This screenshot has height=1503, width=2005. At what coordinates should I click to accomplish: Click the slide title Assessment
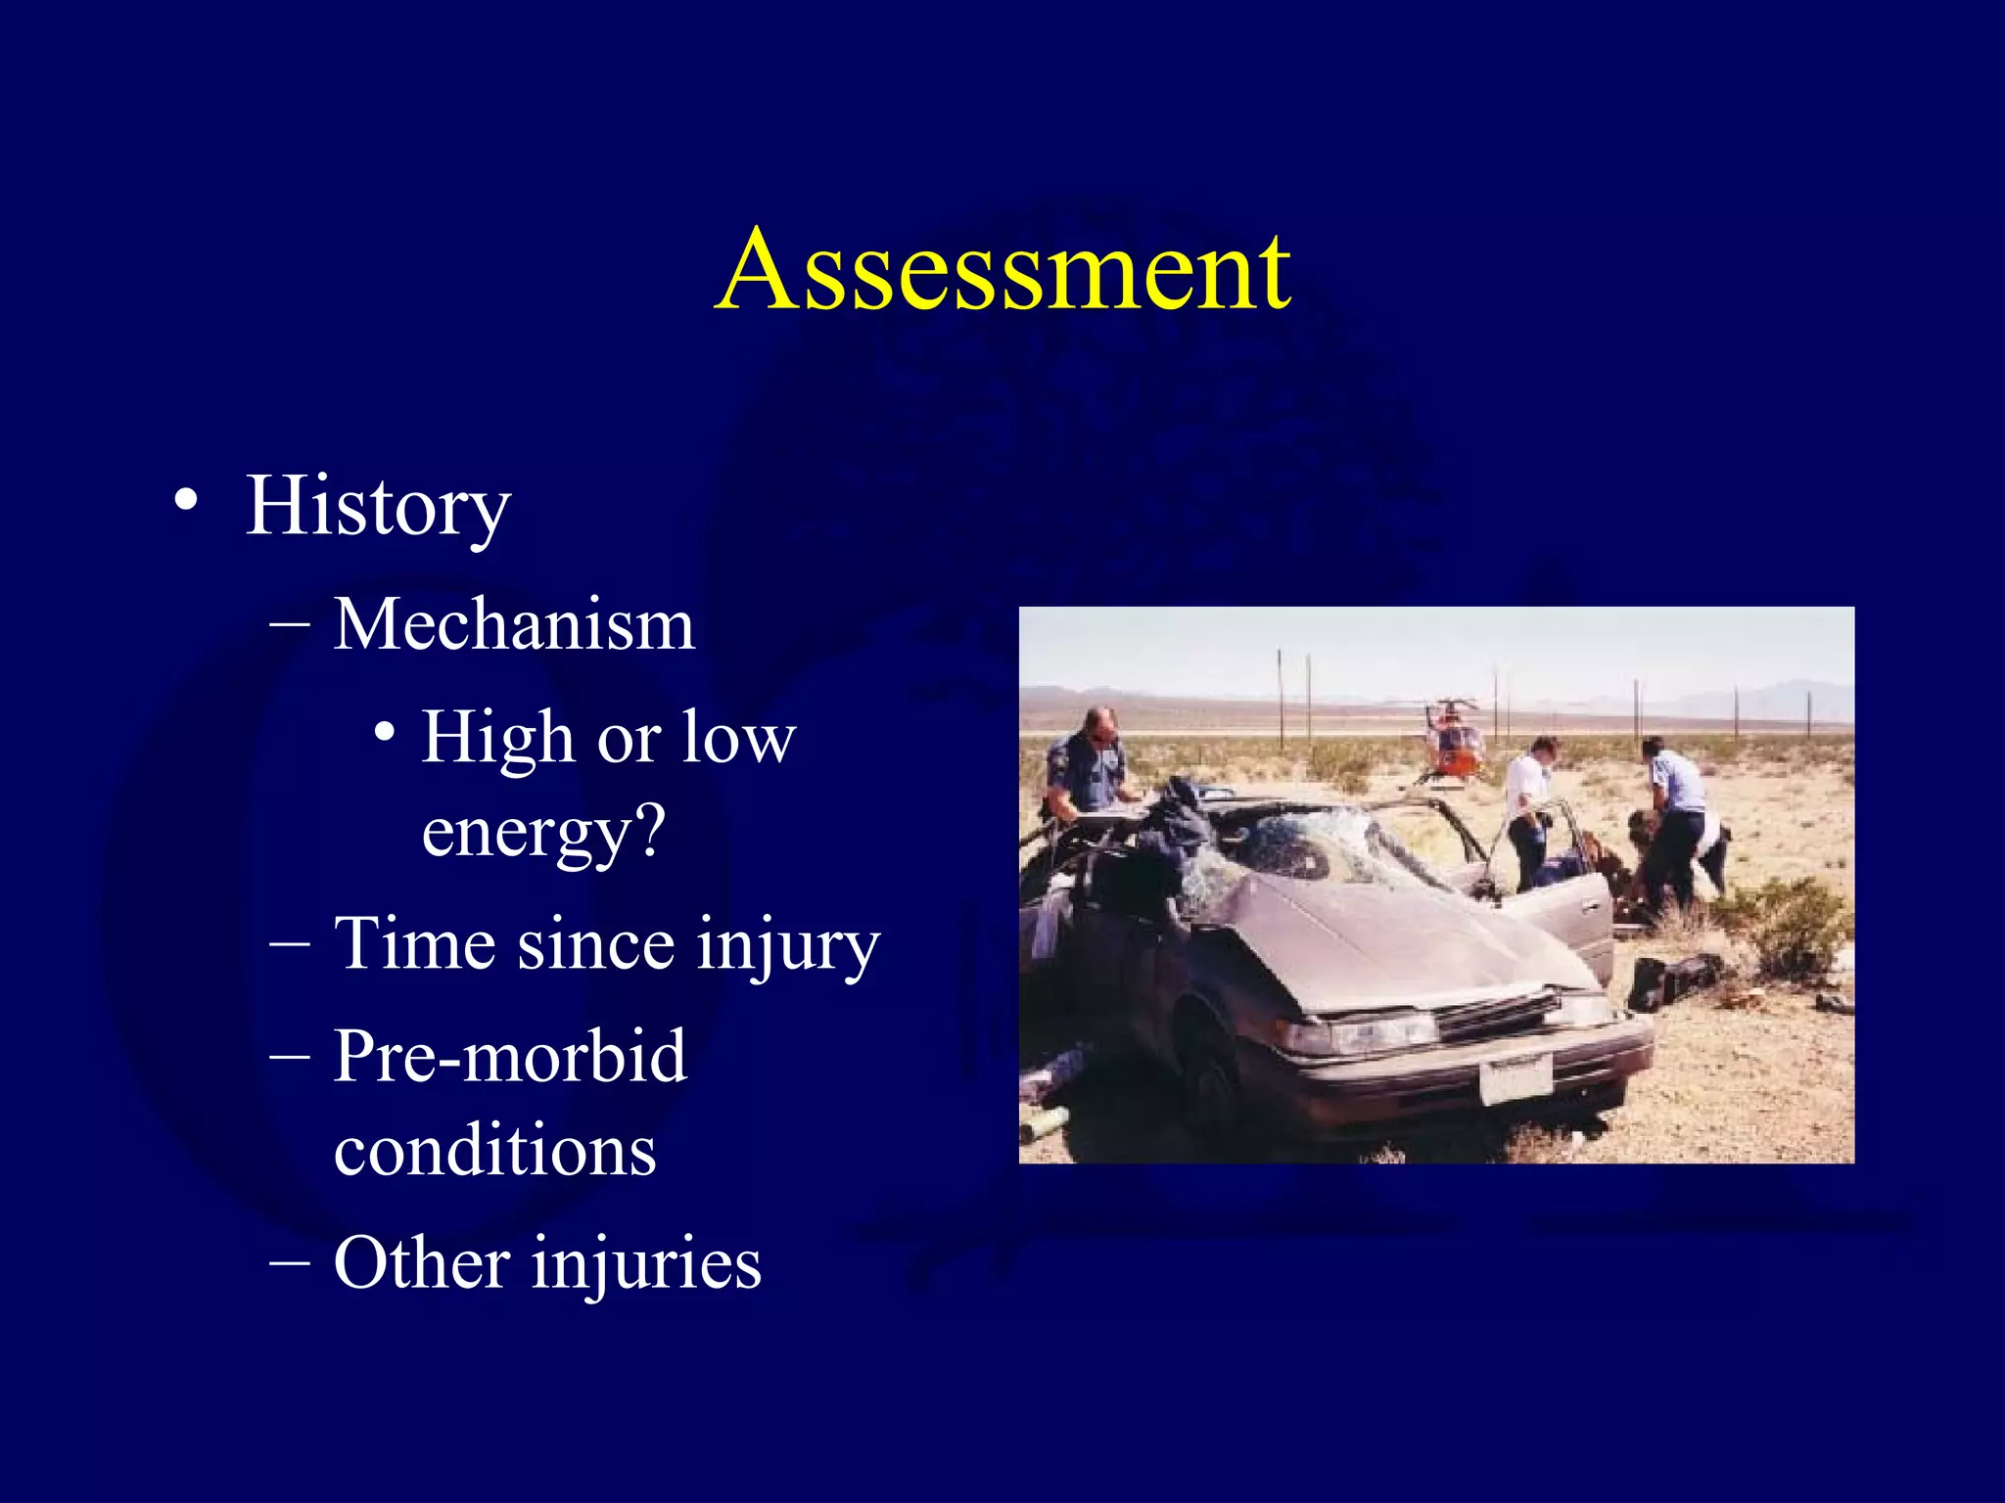tap(1002, 270)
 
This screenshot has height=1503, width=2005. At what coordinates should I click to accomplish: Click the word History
tap(378, 507)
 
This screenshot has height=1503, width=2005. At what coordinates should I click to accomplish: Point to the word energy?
tap(543, 832)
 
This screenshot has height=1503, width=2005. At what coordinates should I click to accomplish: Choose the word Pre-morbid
tap(510, 1057)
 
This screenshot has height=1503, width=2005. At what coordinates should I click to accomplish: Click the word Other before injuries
tap(421, 1262)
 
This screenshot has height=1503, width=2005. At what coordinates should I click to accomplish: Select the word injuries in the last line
tap(646, 1264)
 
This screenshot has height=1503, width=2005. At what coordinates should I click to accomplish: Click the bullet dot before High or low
tap(385, 732)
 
